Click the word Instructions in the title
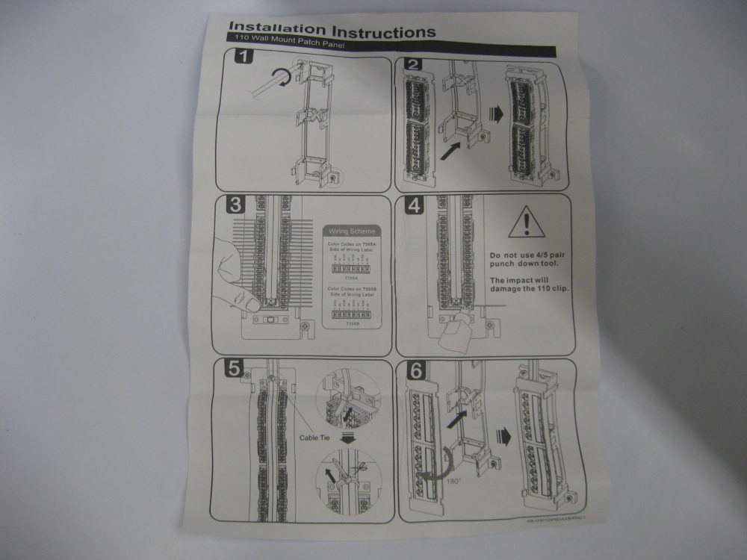[383, 32]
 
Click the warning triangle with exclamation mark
[527, 223]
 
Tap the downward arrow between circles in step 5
[347, 439]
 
